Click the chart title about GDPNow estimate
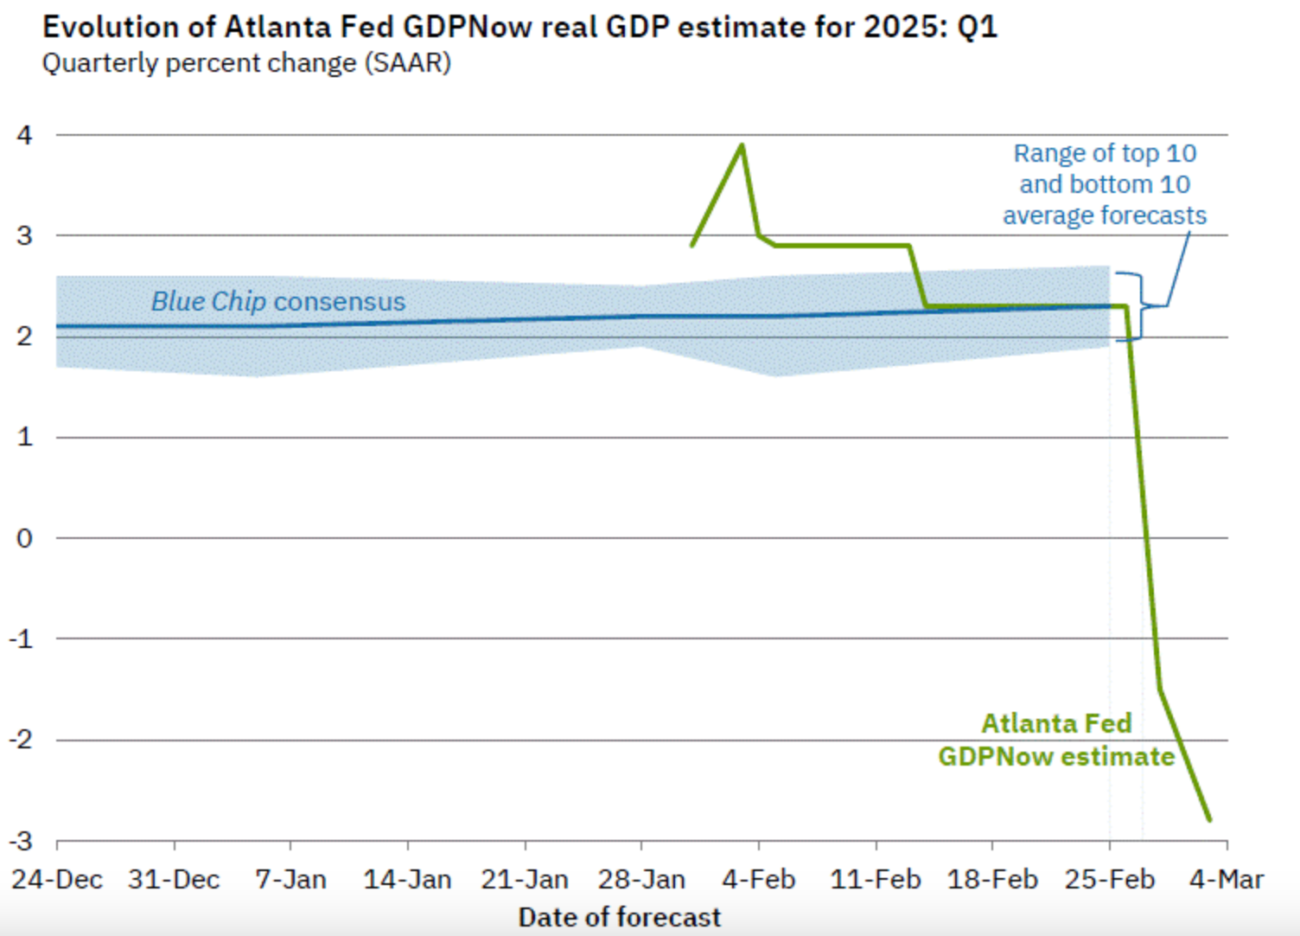click(x=519, y=27)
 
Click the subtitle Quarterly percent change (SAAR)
click(x=246, y=63)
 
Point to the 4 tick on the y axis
click(x=24, y=135)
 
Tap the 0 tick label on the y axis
click(x=24, y=538)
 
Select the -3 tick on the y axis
click(x=21, y=841)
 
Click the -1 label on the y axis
click(x=21, y=639)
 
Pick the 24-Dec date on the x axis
click(x=57, y=880)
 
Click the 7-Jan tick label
click(x=290, y=880)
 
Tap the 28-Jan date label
click(x=641, y=880)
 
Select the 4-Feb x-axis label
click(x=759, y=880)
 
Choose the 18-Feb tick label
click(x=992, y=880)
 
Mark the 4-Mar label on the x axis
click(x=1227, y=880)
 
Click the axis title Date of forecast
click(x=619, y=917)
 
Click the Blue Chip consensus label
click(x=278, y=301)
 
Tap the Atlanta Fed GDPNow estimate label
click(x=1056, y=740)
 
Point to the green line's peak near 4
click(x=742, y=145)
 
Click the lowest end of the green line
click(x=1209, y=819)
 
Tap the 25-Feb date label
click(x=1110, y=880)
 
